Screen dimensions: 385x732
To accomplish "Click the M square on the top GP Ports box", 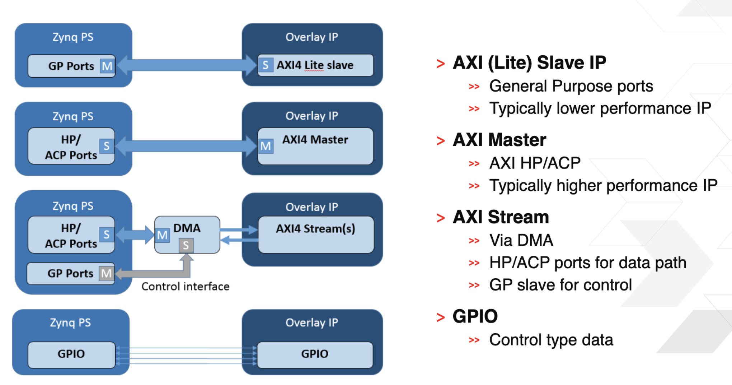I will pos(107,66).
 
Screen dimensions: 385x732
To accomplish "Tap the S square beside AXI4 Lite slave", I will pos(266,65).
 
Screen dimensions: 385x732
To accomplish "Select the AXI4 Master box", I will pos(315,146).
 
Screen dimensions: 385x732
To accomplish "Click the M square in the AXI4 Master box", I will pos(266,146).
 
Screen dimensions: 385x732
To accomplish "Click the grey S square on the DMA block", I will pos(186,246).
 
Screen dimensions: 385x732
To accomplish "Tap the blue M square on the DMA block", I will pos(162,235).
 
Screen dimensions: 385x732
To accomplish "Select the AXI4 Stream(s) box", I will pos(315,234).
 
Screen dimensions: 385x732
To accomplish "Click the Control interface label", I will pos(185,287).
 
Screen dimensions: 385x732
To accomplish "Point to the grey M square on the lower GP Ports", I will pos(106,274).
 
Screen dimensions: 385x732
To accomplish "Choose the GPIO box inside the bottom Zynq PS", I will pos(71,354).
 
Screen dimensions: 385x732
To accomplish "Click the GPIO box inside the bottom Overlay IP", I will pos(315,354).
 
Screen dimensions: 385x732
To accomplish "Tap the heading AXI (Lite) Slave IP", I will pos(529,63).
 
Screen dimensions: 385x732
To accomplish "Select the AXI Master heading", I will pos(499,140).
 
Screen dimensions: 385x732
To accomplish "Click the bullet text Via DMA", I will pos(521,241).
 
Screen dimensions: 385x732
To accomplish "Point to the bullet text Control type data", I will pos(551,340).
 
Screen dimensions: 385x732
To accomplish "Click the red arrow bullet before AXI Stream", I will pos(441,218).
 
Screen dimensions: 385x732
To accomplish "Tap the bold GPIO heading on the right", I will pos(475,317).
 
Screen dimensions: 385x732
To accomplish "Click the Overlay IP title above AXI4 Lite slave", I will pos(311,37).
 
